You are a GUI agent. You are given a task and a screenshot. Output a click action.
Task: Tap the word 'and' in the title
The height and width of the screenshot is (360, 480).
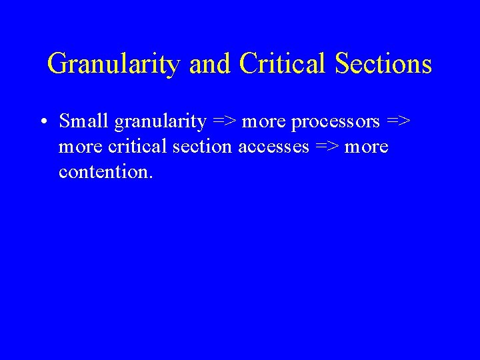coord(211,65)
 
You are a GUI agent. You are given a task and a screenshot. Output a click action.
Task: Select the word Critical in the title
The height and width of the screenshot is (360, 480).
coord(283,65)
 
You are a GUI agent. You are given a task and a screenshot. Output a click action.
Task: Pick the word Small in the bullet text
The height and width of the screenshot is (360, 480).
coord(85,121)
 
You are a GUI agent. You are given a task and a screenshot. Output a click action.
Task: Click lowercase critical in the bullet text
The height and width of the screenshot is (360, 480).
coord(137,147)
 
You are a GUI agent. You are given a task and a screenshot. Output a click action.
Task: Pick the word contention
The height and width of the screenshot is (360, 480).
coord(103,172)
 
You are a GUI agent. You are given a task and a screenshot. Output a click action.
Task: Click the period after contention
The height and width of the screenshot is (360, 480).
coord(151,177)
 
